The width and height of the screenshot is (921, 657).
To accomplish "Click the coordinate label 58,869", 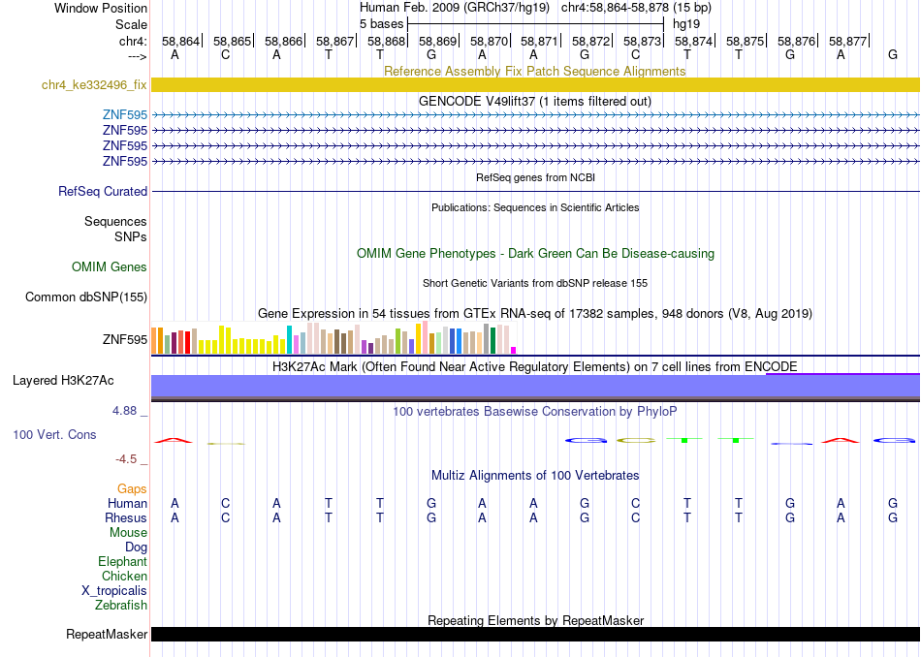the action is tap(437, 41).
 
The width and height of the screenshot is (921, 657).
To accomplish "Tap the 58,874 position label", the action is tap(694, 41).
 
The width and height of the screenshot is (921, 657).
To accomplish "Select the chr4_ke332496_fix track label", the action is tap(94, 84).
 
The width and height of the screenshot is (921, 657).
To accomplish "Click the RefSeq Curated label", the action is tap(103, 192).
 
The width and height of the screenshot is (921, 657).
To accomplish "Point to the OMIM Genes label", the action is tap(110, 267).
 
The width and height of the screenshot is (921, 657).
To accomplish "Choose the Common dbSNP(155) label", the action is tap(86, 297).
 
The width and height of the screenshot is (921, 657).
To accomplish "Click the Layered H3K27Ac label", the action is tap(63, 381).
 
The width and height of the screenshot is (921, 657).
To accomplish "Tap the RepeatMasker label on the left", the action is tap(107, 634).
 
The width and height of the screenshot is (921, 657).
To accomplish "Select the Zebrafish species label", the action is tap(121, 605).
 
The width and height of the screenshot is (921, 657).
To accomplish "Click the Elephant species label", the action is tap(122, 561).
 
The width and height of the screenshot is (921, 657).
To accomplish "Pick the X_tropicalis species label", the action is tap(114, 591).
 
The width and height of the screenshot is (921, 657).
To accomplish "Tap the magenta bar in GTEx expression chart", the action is tap(514, 350).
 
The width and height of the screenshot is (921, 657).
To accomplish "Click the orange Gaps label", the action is tap(132, 488).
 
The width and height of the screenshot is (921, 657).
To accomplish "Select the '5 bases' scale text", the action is tap(382, 24).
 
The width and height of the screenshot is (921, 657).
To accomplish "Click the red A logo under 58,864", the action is tap(174, 440).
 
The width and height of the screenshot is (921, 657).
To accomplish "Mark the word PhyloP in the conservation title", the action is tap(656, 412).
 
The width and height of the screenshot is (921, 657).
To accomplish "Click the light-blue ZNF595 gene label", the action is tap(125, 114).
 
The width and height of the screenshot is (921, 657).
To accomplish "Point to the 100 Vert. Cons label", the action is tap(54, 434).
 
